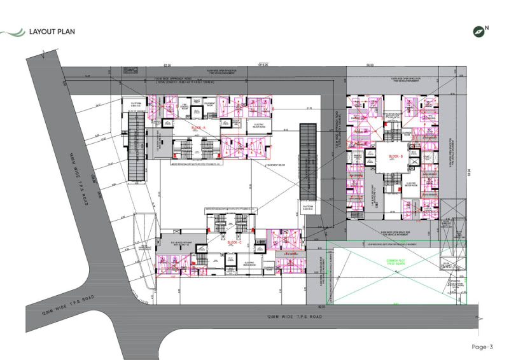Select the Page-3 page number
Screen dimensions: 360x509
482,347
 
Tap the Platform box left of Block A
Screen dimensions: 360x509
136,104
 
